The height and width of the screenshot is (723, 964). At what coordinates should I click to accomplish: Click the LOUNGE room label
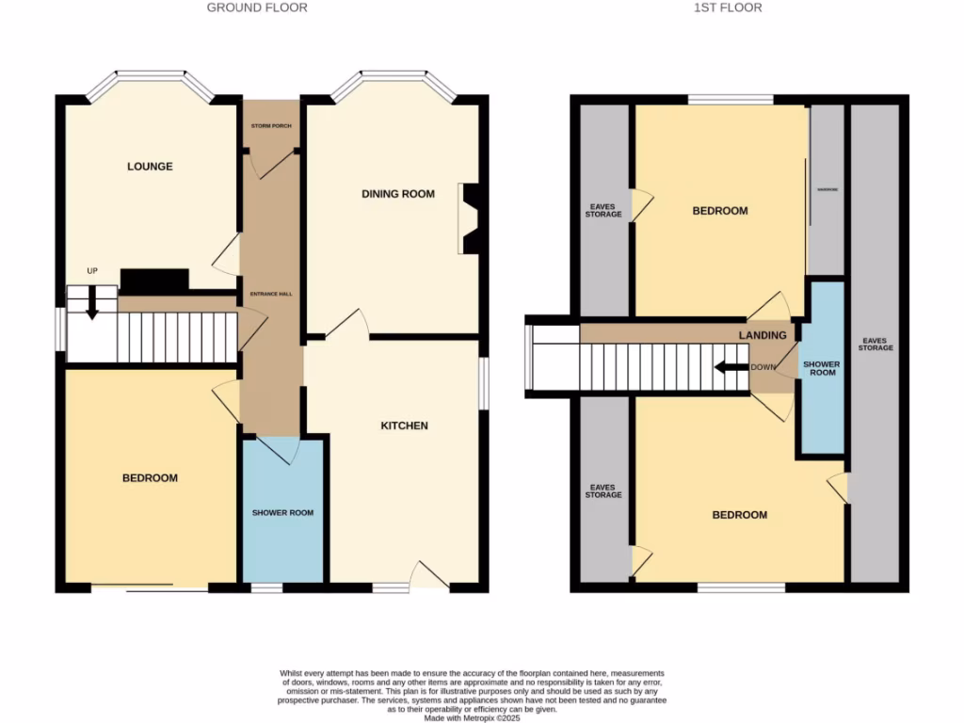click(x=150, y=167)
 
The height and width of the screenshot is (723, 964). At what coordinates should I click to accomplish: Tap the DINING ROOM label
click(x=398, y=194)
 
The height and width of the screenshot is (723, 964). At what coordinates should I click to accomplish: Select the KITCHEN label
click(x=404, y=426)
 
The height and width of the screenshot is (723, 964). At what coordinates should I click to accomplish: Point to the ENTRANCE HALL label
click(x=271, y=294)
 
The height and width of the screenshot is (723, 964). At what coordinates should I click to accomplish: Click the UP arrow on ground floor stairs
click(x=92, y=302)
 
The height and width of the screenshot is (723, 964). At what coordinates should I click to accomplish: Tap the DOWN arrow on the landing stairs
click(x=731, y=367)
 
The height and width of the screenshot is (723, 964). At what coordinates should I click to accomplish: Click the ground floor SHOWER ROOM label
click(x=282, y=513)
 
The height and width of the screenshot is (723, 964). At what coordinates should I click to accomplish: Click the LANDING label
click(x=763, y=335)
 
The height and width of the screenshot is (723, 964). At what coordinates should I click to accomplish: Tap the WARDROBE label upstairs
click(x=827, y=188)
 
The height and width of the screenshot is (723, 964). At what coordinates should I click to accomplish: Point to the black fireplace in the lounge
click(x=154, y=280)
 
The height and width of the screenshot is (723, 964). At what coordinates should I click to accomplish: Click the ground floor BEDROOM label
click(x=150, y=478)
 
